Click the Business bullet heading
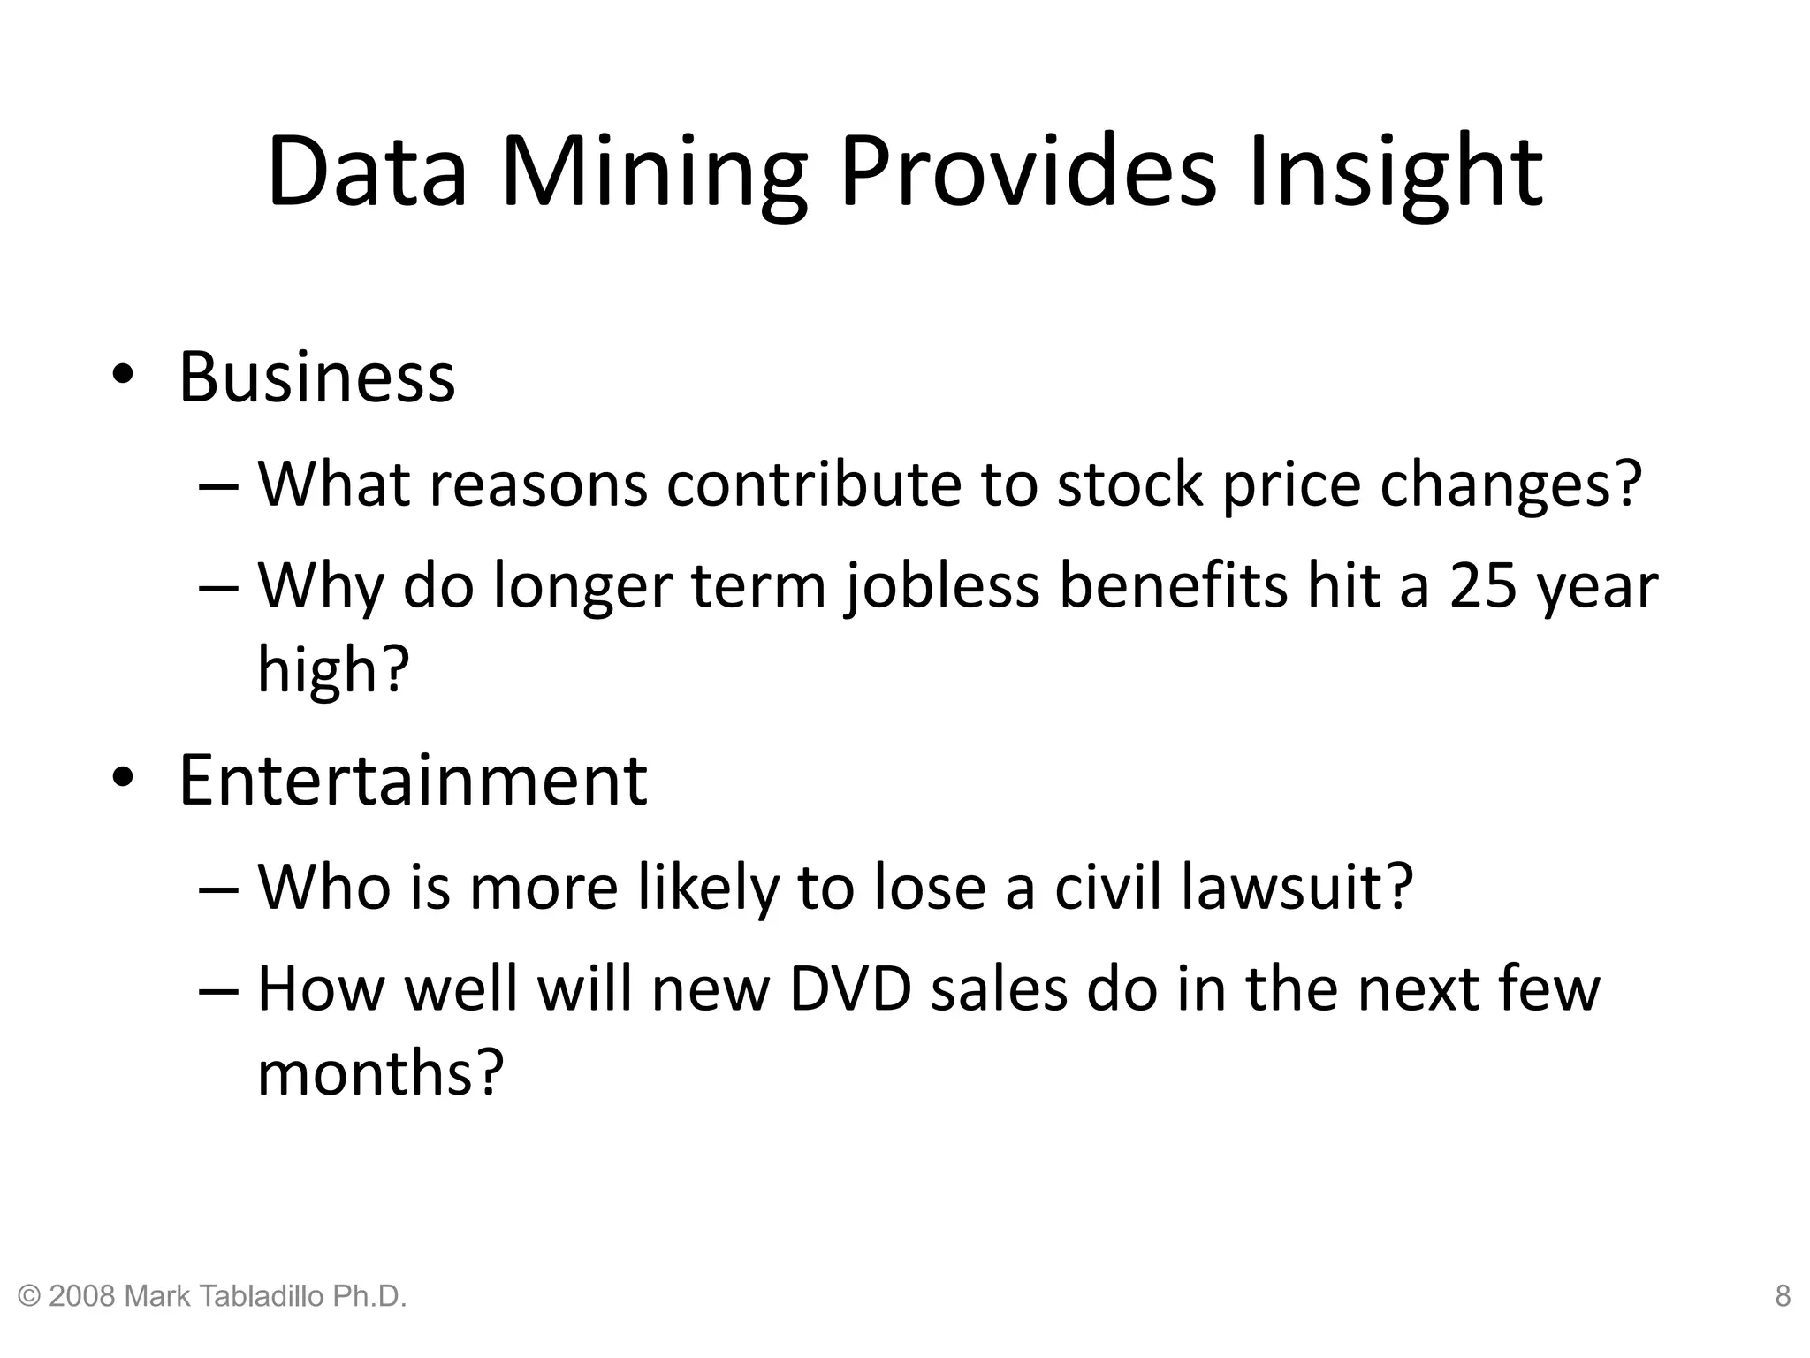[316, 378]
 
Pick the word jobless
[942, 586]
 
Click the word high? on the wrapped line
[333, 668]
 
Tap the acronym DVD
[849, 988]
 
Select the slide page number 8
[1783, 1296]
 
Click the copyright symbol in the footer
[29, 1297]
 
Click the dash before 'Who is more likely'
[218, 889]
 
